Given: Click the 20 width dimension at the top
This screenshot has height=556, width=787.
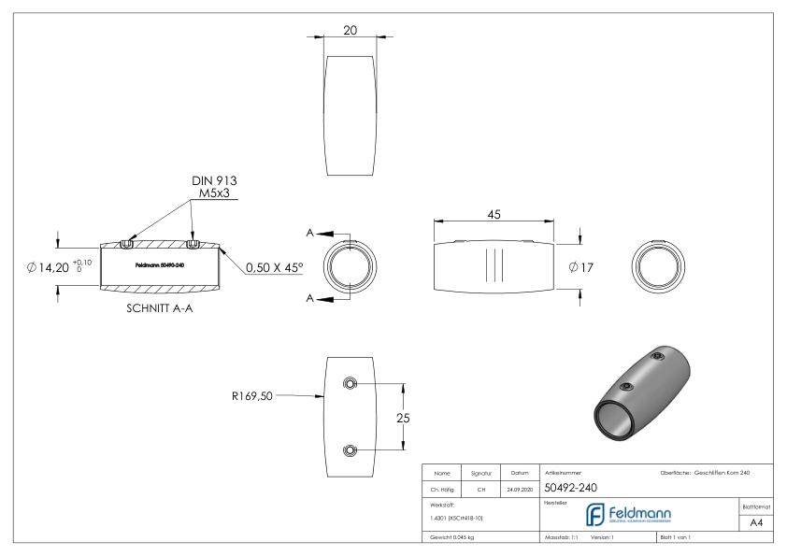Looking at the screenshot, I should [350, 30].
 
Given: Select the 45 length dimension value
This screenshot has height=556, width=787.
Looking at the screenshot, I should [494, 214].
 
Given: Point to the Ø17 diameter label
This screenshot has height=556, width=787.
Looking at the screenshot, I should [582, 267].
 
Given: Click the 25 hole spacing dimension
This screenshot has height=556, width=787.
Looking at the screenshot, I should [405, 417].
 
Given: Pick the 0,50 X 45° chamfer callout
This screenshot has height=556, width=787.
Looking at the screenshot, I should [275, 267].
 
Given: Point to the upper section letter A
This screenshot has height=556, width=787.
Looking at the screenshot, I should [310, 232].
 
